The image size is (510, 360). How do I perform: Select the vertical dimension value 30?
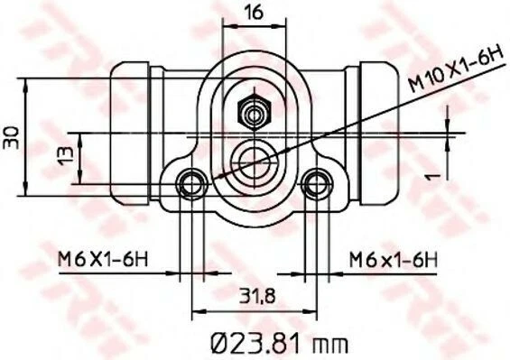(12, 135)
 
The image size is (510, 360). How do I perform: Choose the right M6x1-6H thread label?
(392, 260)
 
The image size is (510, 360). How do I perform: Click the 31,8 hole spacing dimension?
(254, 294)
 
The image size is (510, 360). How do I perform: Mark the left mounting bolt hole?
(190, 184)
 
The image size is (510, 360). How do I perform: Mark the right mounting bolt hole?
(315, 184)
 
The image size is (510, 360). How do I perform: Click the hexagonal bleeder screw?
(253, 113)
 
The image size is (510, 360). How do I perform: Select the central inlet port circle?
(253, 163)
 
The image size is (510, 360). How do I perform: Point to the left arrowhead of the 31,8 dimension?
(199, 307)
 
